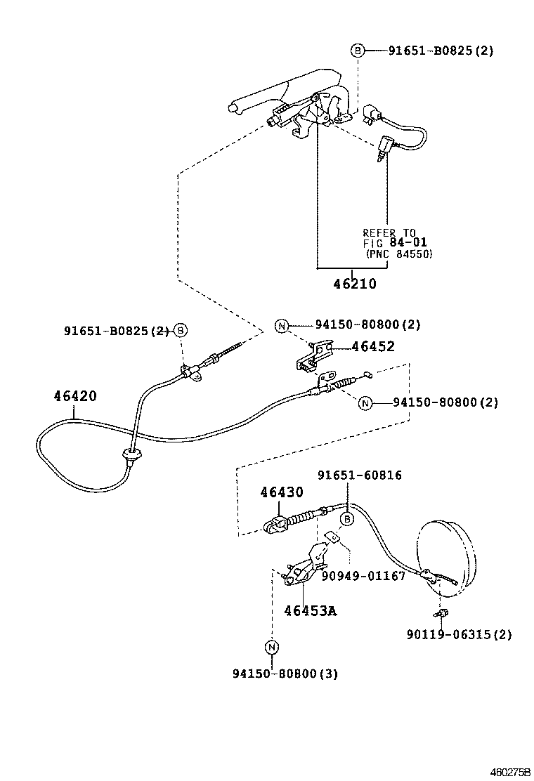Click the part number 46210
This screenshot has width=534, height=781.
(x=354, y=284)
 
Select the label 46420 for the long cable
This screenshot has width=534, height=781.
(x=75, y=396)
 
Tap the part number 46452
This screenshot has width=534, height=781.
(x=372, y=346)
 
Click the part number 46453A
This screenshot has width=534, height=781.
(x=310, y=610)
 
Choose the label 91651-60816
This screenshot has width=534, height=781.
(x=359, y=475)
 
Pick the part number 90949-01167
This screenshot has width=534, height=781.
(x=363, y=576)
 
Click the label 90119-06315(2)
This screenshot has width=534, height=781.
(x=459, y=635)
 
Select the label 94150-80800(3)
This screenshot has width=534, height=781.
(x=285, y=674)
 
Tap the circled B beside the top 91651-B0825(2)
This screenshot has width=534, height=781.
(x=357, y=51)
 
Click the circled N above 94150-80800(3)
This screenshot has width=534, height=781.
(x=272, y=647)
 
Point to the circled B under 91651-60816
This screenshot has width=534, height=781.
(x=346, y=519)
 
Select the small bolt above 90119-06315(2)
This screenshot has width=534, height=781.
(x=441, y=615)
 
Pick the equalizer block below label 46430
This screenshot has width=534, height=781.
(x=275, y=524)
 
